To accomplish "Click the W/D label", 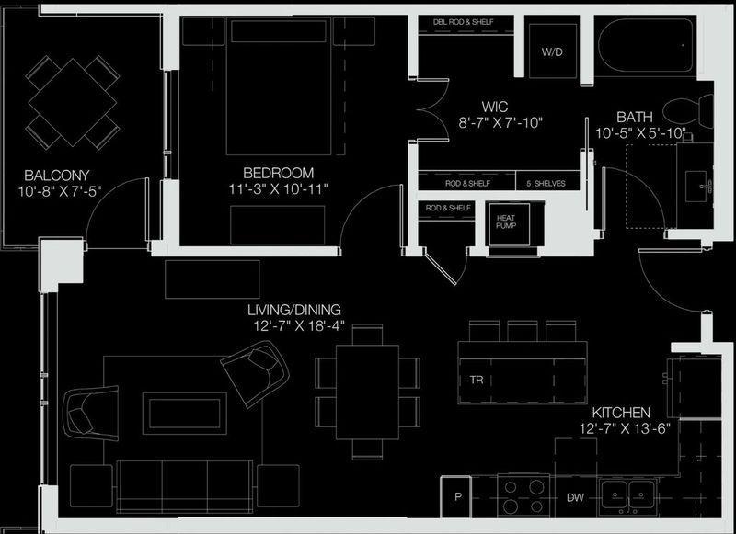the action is point(552,52).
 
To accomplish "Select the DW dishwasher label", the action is point(575,498).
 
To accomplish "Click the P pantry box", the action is point(455,497).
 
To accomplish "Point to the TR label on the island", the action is point(477,380).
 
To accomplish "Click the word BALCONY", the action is point(57,176).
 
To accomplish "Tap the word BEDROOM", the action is point(279,173).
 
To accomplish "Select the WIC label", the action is point(495,107).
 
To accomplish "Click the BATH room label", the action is point(635,117).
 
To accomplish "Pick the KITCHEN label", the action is point(621,413).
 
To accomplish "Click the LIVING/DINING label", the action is point(294,310).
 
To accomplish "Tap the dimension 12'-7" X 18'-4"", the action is point(300,326).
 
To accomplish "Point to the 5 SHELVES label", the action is point(546,184).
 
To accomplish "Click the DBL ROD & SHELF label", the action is point(464,22).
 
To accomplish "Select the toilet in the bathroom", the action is point(688,111).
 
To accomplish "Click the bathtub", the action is point(646,45).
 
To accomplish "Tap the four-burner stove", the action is point(523,496).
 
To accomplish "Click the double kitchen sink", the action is point(627,495).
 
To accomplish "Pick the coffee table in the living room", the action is point(185,414).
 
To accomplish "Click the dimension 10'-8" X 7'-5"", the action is point(60,191).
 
